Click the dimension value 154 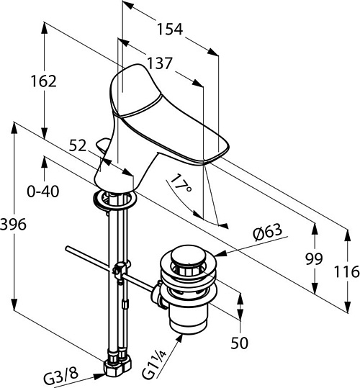[x=170, y=29]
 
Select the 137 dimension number [x=159, y=63]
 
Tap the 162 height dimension [x=44, y=81]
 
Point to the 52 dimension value [x=78, y=145]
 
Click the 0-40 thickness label [x=43, y=191]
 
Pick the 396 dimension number [x=13, y=225]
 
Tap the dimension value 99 [x=314, y=259]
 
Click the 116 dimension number [x=346, y=271]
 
